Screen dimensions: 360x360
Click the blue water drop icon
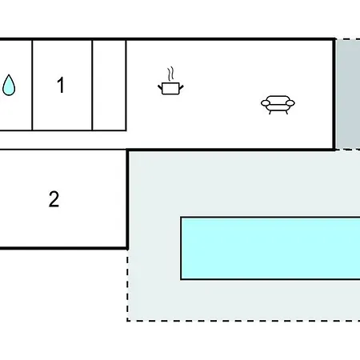[9, 85]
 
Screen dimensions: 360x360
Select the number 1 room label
[61, 85]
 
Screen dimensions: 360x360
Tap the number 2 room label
[54, 199]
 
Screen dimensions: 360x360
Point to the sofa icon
[278, 105]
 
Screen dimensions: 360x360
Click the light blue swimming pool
[270, 249]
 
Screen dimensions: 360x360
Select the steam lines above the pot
[170, 74]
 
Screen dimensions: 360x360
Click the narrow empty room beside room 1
[110, 86]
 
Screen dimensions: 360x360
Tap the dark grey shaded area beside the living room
[348, 94]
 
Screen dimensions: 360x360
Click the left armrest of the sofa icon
[266, 103]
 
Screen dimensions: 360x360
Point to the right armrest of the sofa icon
[290, 103]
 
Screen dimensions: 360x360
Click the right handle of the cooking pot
[182, 87]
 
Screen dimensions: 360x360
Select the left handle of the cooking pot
[160, 87]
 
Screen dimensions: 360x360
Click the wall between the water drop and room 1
[32, 86]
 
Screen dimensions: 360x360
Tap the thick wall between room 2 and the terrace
[127, 200]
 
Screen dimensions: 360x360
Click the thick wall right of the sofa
[334, 94]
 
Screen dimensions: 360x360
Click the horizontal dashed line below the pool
[244, 321]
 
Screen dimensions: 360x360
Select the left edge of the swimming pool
[181, 249]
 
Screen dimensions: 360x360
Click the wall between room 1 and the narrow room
[92, 86]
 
